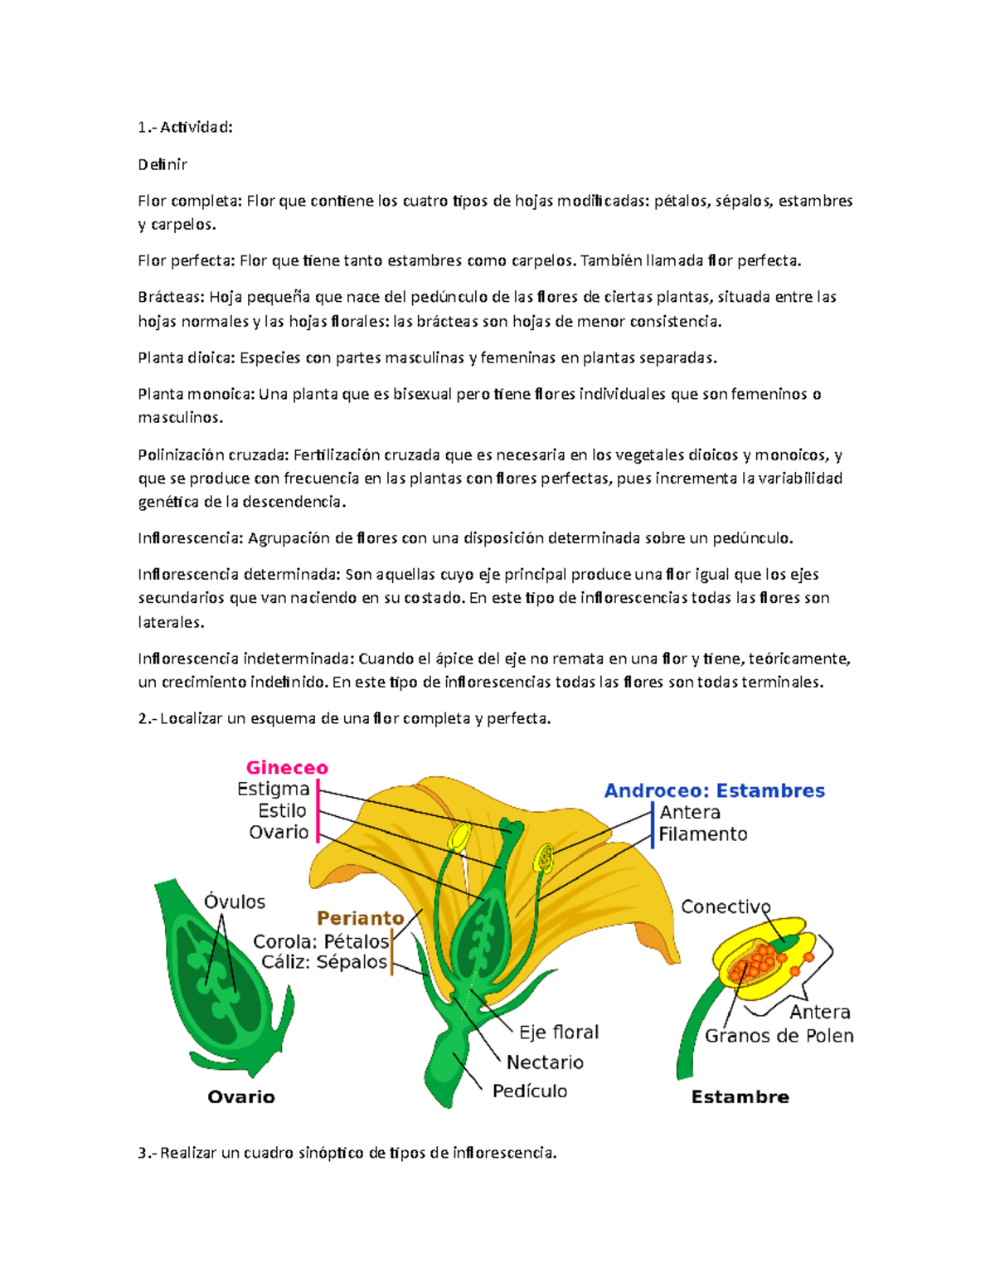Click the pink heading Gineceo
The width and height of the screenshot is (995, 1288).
[x=287, y=768]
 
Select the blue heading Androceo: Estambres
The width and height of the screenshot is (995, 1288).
[x=714, y=790]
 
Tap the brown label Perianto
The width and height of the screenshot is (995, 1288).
[x=361, y=918]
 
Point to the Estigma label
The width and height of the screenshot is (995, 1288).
[x=273, y=789]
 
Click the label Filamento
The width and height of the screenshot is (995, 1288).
[x=703, y=834]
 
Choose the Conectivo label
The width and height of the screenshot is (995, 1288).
[x=726, y=906]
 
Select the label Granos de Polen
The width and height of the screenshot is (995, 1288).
[x=779, y=1036]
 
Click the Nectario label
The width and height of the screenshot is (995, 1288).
[x=545, y=1062]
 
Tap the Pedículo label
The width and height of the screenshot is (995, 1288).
[x=530, y=1091]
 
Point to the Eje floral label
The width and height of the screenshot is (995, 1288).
[x=559, y=1033]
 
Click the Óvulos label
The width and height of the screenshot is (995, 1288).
[x=235, y=902]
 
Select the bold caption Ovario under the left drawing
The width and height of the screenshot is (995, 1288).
[x=240, y=1097]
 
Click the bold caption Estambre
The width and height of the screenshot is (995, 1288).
[x=740, y=1097]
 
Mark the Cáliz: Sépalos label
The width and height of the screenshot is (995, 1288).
[x=324, y=962]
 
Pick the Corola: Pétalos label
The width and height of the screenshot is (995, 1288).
[x=321, y=941]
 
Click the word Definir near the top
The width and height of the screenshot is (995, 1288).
[x=163, y=164]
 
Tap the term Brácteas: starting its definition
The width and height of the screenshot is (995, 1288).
[x=171, y=297]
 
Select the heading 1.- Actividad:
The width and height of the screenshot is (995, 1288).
[x=185, y=127]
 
